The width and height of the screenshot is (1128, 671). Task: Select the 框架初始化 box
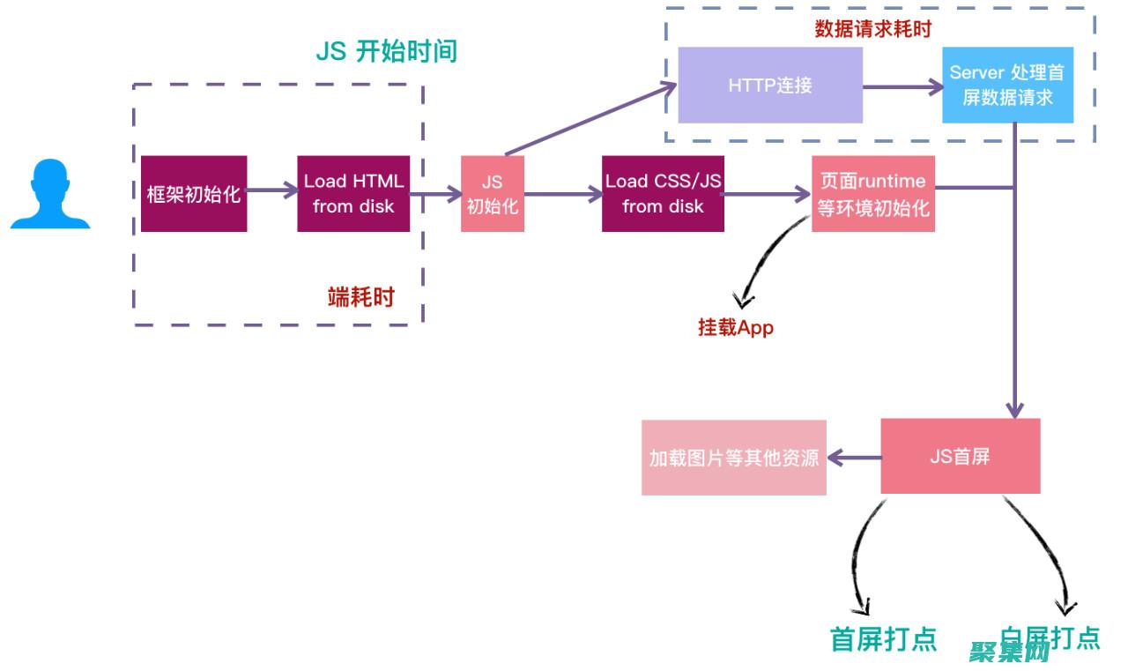click(194, 194)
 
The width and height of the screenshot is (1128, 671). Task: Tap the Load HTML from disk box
click(353, 194)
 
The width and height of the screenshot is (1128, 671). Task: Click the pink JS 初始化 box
click(492, 194)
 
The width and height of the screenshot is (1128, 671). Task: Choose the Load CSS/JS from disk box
click(663, 194)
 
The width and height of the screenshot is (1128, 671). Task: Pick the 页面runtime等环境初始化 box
click(872, 194)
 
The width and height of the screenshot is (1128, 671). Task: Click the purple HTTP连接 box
click(769, 86)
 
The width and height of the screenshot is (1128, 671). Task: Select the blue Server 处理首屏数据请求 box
click(1007, 86)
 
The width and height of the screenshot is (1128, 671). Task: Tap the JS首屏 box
click(960, 457)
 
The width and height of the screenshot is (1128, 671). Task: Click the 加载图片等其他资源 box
click(733, 458)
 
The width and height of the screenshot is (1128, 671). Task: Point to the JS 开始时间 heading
click(386, 51)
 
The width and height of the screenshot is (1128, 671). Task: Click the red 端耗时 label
click(360, 297)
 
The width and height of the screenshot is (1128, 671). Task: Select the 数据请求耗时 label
click(872, 28)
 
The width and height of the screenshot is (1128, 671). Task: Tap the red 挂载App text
click(735, 327)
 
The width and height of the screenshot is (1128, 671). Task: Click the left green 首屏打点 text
click(883, 638)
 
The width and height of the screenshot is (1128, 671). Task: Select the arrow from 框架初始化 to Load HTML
click(272, 190)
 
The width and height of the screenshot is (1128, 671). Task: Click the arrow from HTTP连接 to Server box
click(902, 86)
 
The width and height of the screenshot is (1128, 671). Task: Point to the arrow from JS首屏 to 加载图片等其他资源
click(854, 458)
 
